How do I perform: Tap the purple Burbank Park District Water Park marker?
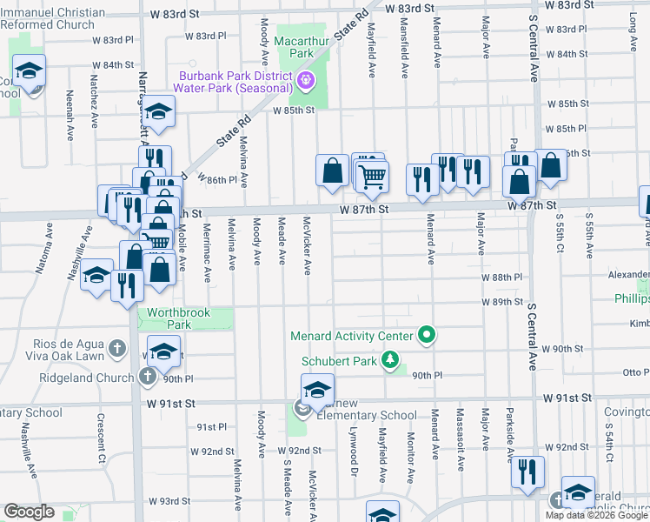click(x=305, y=82)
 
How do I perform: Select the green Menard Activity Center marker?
click(x=426, y=334)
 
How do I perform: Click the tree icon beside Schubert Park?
click(x=392, y=359)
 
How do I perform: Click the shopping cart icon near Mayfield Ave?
click(x=372, y=177)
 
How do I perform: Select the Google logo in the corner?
click(x=29, y=512)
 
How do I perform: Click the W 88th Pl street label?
click(x=501, y=277)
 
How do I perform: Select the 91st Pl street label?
click(x=211, y=427)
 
